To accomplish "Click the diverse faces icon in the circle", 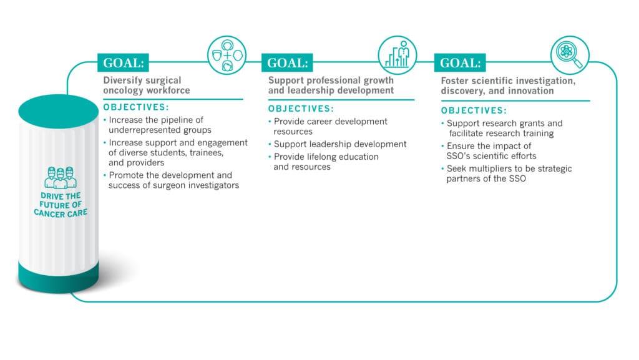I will [x=227, y=56].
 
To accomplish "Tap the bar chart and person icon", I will [x=398, y=56].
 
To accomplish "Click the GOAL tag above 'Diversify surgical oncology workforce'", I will [x=123, y=62].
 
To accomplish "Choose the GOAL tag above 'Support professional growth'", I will [x=287, y=62].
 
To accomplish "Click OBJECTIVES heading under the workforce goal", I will [x=136, y=107].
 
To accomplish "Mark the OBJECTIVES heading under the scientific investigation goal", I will [x=474, y=110].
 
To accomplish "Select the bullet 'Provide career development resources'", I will [x=330, y=126].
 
